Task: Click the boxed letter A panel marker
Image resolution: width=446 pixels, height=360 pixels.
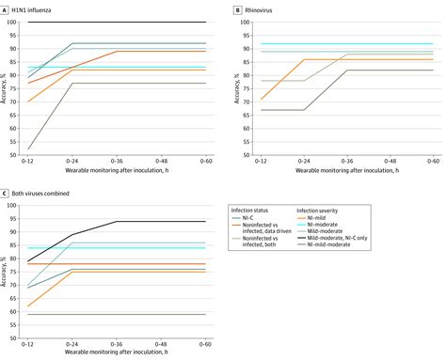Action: click(7, 8)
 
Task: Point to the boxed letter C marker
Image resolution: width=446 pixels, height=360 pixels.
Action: click(7, 194)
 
